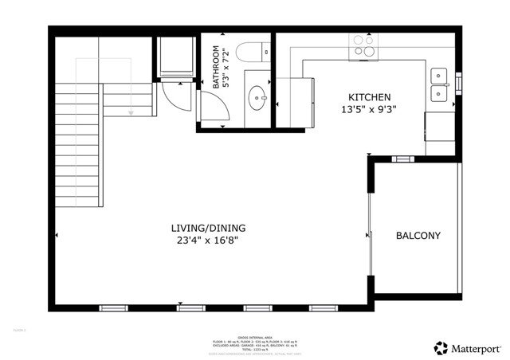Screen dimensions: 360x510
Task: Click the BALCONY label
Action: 418,236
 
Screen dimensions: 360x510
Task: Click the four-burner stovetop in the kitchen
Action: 363,47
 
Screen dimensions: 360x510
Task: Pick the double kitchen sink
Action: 439,86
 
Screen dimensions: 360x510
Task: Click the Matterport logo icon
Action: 439,347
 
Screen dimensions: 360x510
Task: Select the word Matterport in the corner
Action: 475,347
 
